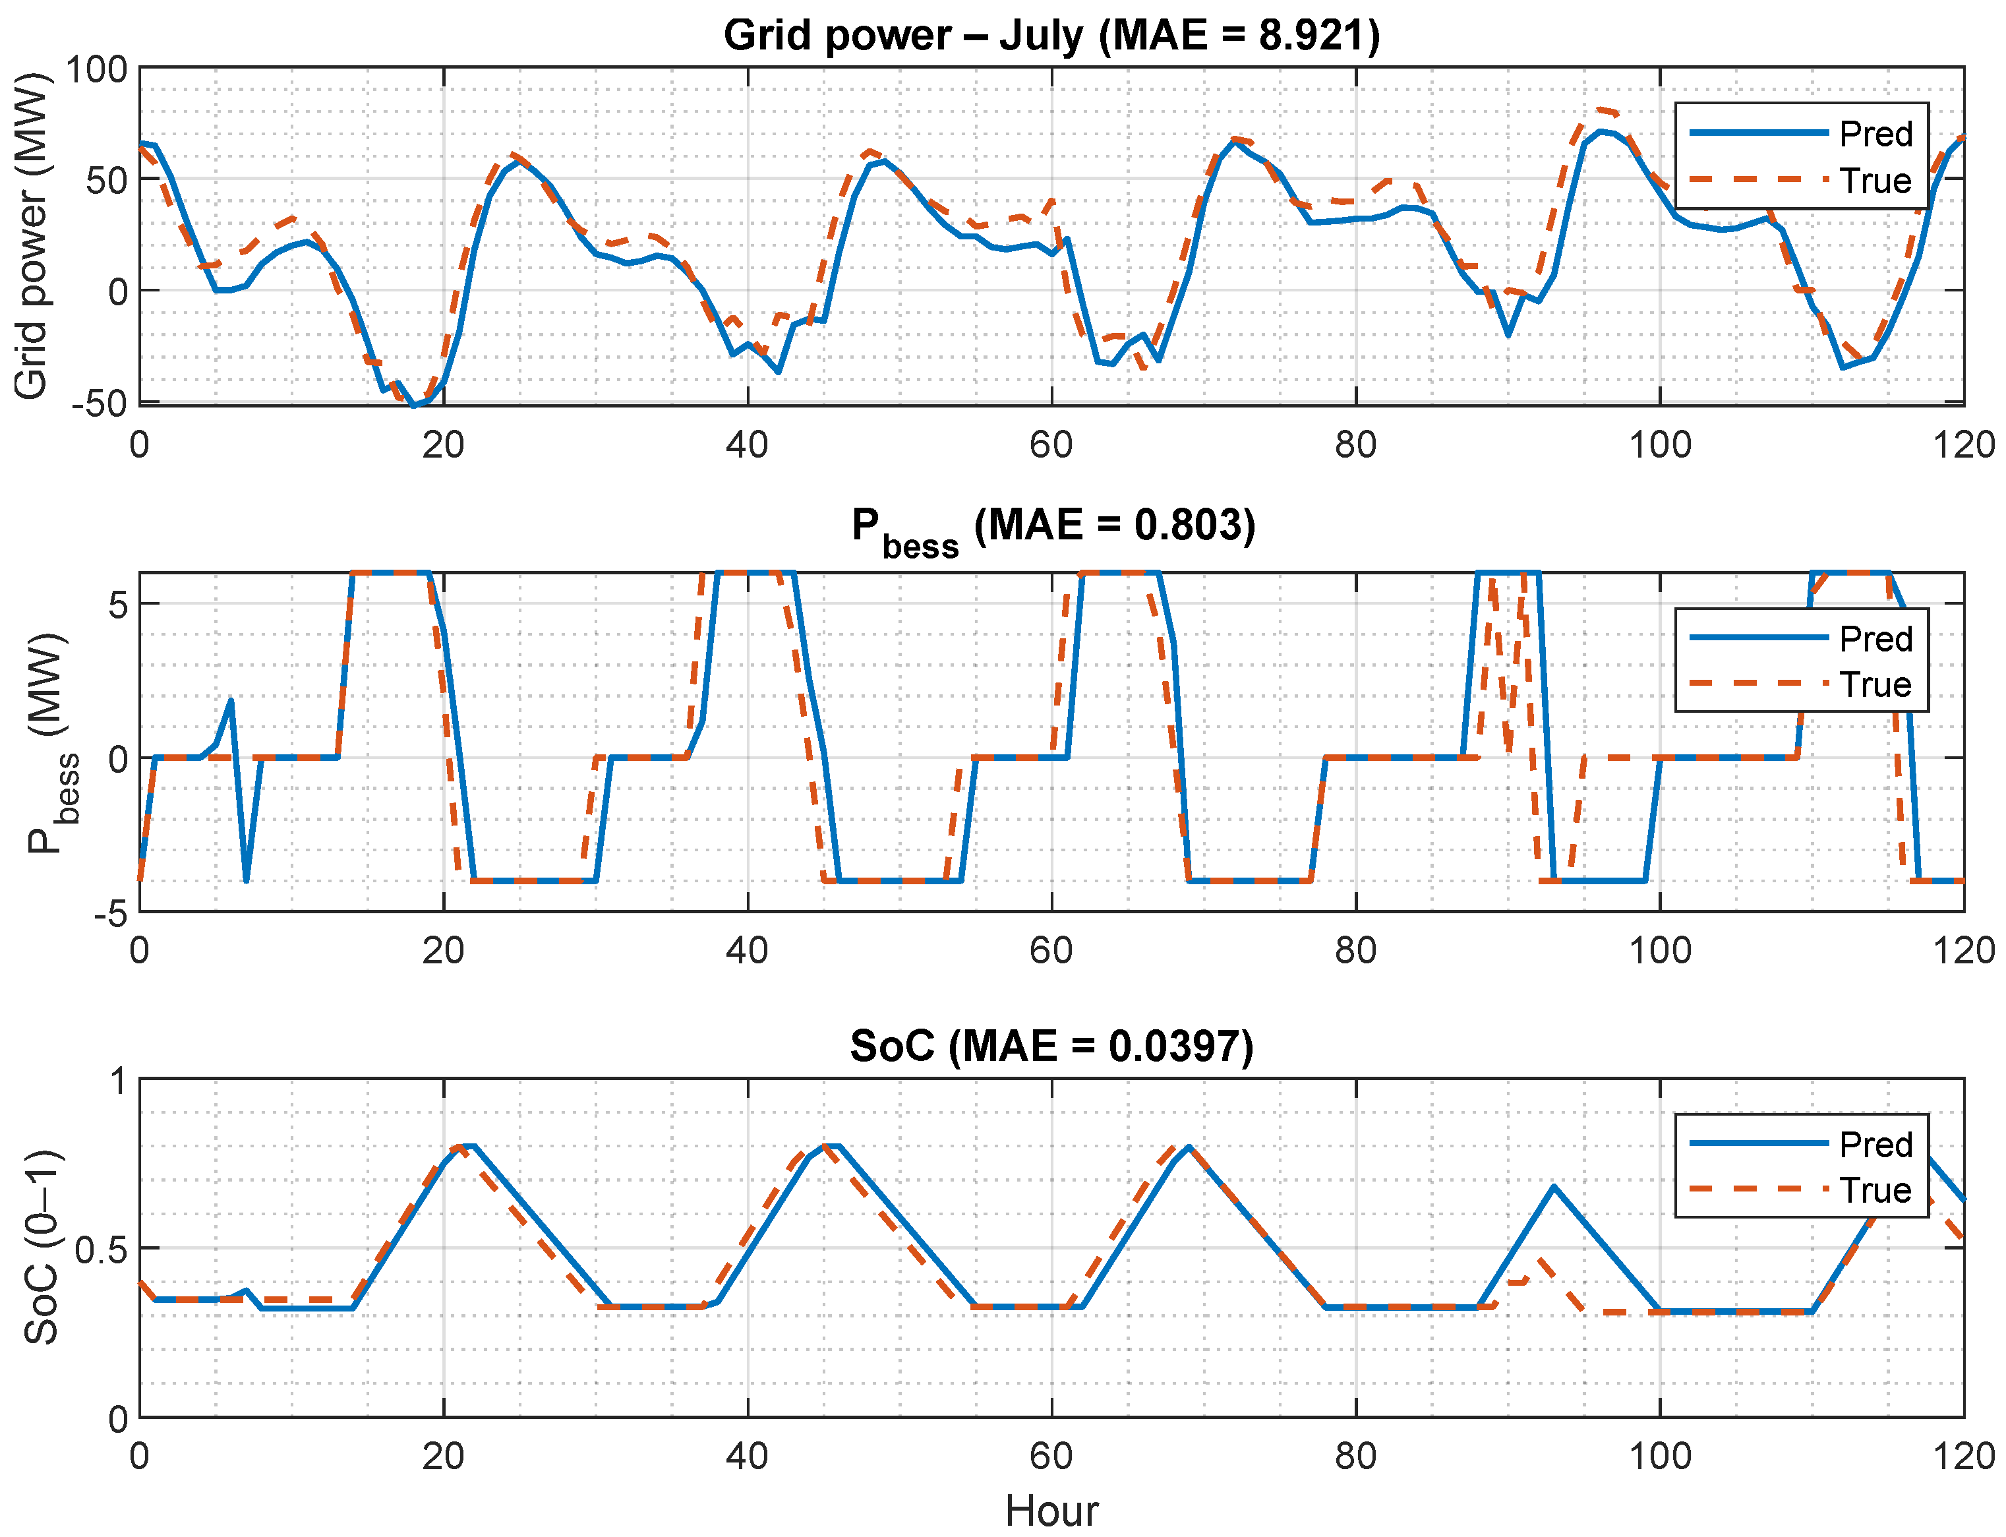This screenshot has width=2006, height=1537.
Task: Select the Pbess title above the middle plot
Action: point(1053,531)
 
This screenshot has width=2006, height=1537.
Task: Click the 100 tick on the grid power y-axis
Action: point(96,69)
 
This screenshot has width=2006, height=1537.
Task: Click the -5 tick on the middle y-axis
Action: point(111,913)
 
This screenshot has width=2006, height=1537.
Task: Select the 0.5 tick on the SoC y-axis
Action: point(102,1250)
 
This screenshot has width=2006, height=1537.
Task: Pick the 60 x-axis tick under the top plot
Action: point(1051,446)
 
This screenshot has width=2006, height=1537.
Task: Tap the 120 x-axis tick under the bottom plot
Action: point(1963,1456)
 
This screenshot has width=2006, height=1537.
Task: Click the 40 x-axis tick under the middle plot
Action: point(748,951)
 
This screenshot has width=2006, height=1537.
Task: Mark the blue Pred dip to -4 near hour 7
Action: point(246,880)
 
